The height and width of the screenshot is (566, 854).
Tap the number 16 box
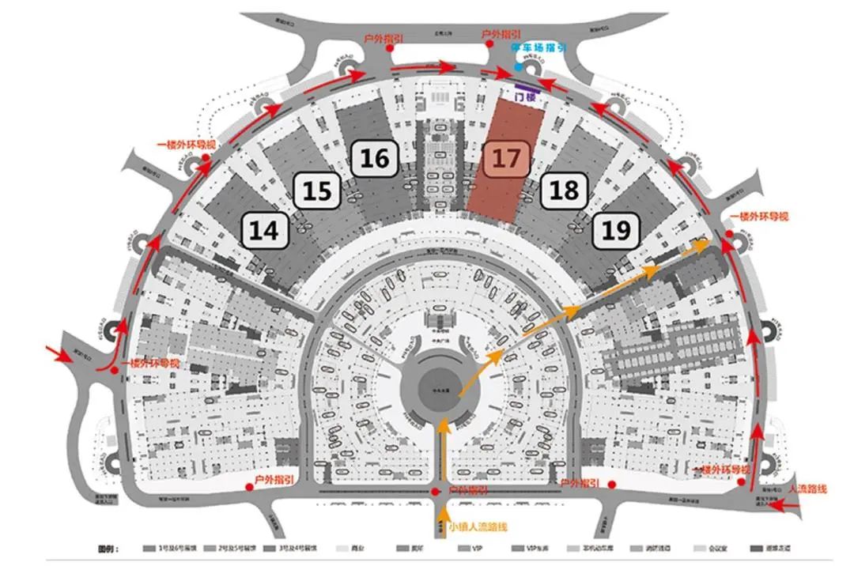click(375, 158)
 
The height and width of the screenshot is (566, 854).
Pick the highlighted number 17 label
click(507, 158)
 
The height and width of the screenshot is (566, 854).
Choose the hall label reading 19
click(616, 230)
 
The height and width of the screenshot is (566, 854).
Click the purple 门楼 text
click(524, 97)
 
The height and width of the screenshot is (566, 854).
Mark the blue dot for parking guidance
click(518, 68)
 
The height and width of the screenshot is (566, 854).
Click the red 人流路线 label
click(808, 489)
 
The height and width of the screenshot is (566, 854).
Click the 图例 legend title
click(106, 548)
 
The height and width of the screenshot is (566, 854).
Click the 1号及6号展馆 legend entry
click(173, 548)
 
